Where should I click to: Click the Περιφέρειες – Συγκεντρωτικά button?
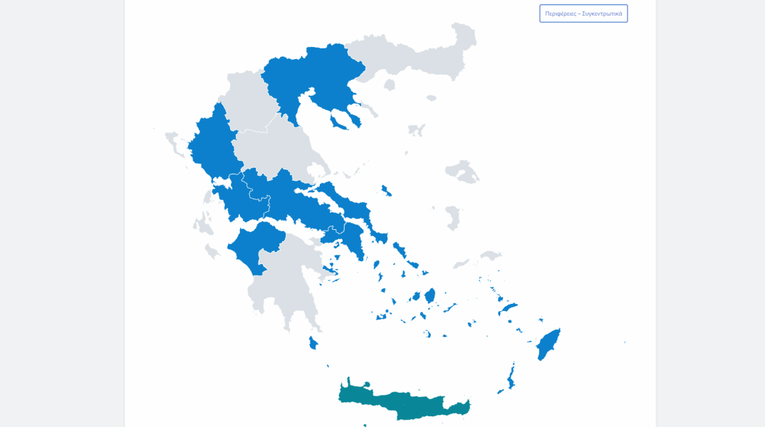583,14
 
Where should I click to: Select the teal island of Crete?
406,404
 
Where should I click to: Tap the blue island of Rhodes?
548,344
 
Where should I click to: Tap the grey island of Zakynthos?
212,251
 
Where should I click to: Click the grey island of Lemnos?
416,130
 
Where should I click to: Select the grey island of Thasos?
390,85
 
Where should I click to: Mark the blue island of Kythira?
313,343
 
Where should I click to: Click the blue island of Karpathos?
511,376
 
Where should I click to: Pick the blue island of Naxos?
430,295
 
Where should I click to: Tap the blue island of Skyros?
386,191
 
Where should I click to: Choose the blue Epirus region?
211,142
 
